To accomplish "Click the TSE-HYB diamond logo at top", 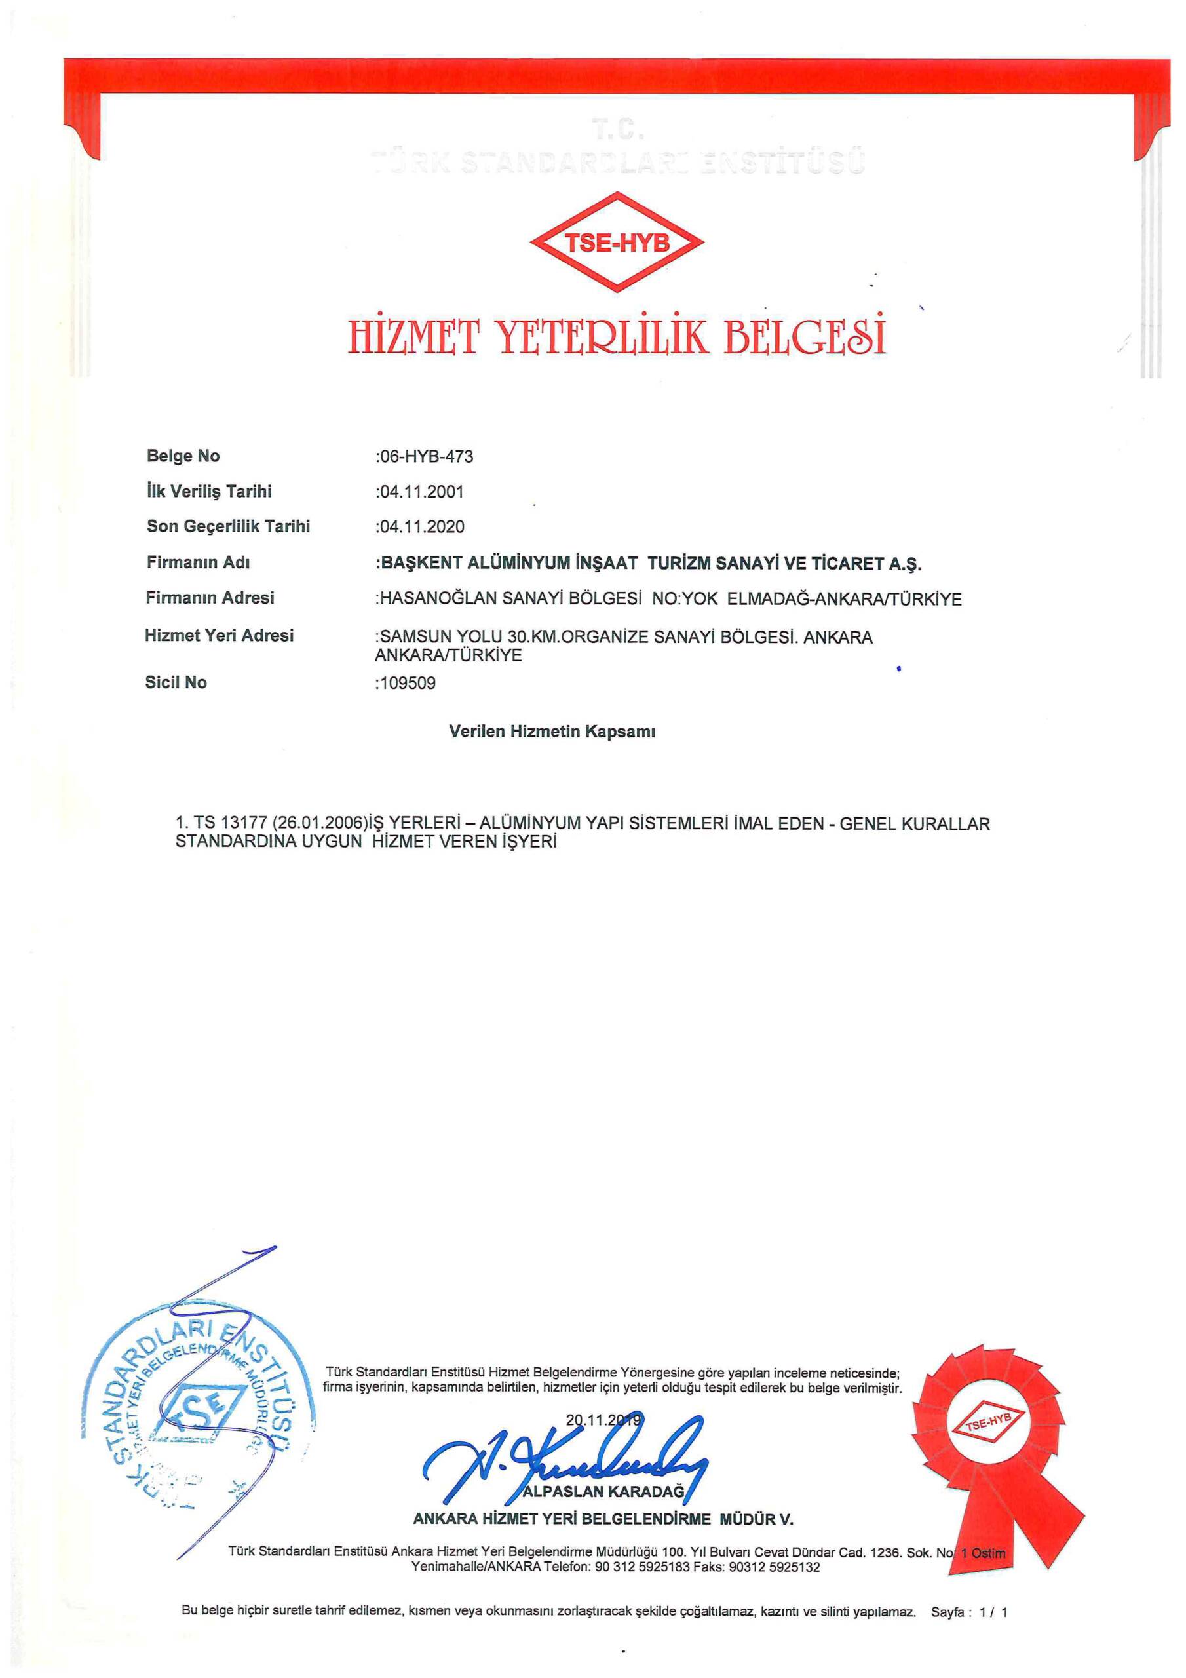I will (617, 242).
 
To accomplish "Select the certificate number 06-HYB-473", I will (425, 457).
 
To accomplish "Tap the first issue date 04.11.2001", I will (421, 492).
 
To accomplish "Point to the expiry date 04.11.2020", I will (421, 527).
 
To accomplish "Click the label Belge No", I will (183, 456).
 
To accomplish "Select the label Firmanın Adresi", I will (210, 598).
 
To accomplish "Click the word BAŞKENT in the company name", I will (419, 564).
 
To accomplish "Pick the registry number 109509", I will (407, 684).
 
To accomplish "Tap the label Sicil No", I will (176, 682).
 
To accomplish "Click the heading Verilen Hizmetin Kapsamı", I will (552, 732).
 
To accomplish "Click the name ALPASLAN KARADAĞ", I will (603, 1492).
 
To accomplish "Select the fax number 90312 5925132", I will (775, 1568).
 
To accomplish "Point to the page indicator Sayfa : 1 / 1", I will (969, 1612).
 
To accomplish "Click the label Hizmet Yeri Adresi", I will (220, 636).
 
